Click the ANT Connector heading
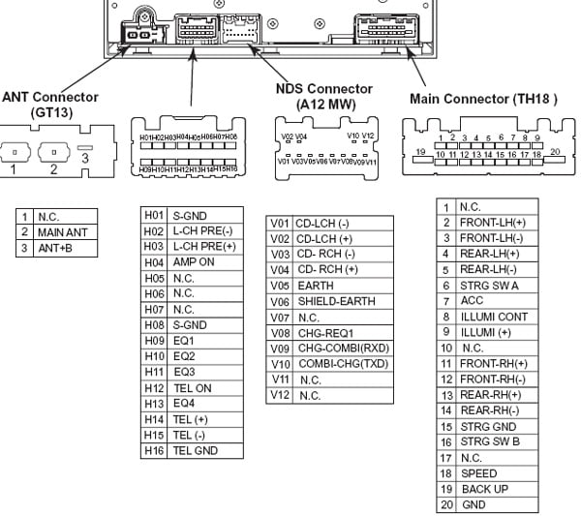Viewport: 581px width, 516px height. pos(49,105)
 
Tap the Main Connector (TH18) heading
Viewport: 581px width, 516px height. pos(483,99)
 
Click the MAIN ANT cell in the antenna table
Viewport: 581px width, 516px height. pos(63,232)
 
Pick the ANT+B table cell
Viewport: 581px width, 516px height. pos(57,249)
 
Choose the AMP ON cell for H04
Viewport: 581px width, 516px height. pos(194,262)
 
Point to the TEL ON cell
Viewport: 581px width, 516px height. pos(192,388)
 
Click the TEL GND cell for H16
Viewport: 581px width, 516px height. pos(196,450)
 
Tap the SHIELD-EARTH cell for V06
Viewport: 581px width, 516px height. pos(335,302)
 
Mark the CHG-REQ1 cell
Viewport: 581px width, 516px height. pos(326,333)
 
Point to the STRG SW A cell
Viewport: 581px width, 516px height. pos(489,286)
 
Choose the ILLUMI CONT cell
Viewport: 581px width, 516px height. pos(494,317)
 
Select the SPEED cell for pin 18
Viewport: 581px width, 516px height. pos(478,473)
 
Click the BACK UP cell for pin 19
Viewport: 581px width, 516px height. pos(484,489)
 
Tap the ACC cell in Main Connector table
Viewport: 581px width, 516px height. pos(472,301)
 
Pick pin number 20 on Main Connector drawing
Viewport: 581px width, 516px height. pos(555,152)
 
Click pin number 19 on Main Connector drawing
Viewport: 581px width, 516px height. pos(419,152)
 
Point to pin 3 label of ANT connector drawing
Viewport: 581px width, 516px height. pos(85,157)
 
